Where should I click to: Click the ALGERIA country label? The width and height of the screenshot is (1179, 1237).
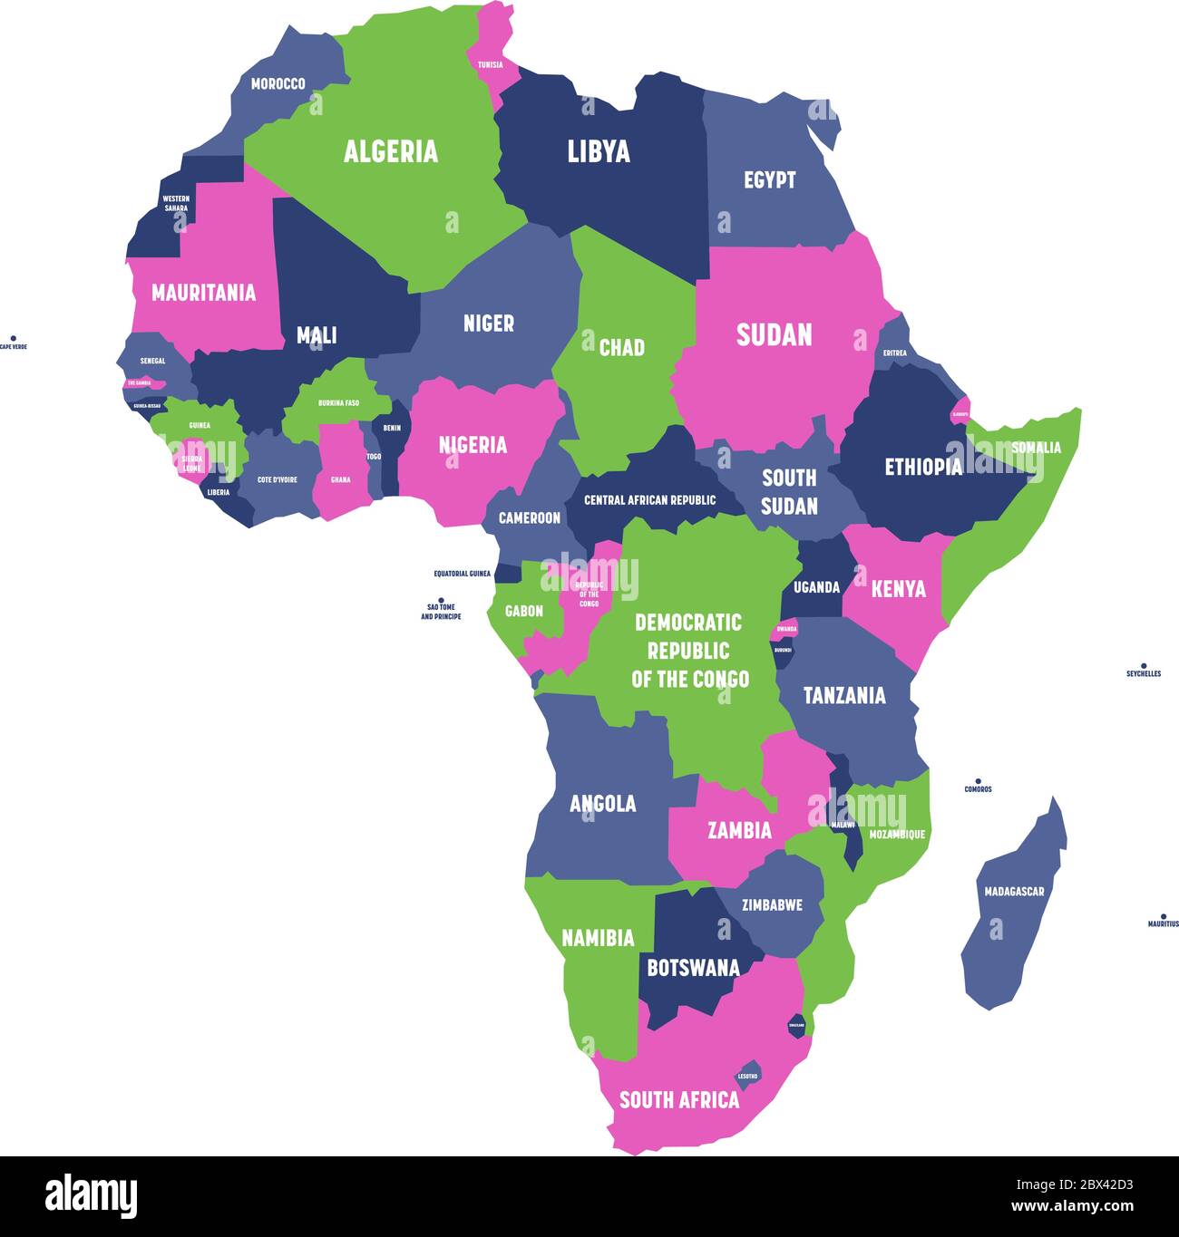tap(390, 151)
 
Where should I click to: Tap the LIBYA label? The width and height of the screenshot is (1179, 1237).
tap(599, 151)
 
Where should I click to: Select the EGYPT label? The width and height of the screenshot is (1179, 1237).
tap(769, 179)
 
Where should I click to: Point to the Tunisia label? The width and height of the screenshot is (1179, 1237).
tap(491, 65)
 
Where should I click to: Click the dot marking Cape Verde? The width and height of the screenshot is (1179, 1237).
tap(14, 337)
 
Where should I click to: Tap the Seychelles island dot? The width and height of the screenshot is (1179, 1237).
tap(1144, 665)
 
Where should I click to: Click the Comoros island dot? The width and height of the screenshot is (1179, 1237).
tap(978, 780)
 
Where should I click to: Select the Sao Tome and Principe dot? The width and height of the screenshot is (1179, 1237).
tap(441, 600)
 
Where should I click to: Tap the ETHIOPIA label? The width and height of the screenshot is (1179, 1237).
tap(923, 467)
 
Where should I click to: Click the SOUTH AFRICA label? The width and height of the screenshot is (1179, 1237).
tap(679, 1099)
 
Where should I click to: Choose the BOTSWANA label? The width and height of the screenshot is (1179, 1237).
tap(693, 967)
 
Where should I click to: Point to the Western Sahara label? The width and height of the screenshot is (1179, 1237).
tap(176, 203)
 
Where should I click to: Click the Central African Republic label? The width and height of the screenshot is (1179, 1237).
tap(649, 500)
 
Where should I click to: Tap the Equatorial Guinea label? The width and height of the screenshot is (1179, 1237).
tap(462, 574)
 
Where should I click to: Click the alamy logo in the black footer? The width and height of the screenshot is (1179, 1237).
tap(91, 1195)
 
